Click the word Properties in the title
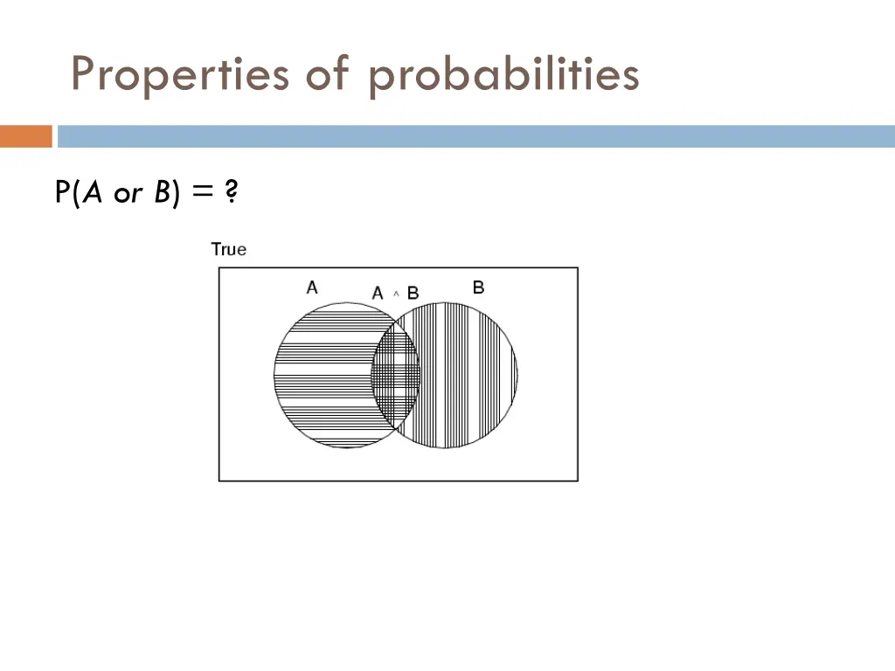[179, 75]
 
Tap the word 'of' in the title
[327, 75]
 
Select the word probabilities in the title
[503, 75]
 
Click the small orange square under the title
[25, 136]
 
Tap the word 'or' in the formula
[127, 194]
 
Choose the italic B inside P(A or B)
[163, 192]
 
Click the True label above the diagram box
[229, 249]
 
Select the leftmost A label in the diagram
[312, 287]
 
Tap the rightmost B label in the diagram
[478, 287]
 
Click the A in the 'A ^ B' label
[378, 293]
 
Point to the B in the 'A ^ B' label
[413, 293]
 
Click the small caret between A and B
[396, 294]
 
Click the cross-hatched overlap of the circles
[396, 376]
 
